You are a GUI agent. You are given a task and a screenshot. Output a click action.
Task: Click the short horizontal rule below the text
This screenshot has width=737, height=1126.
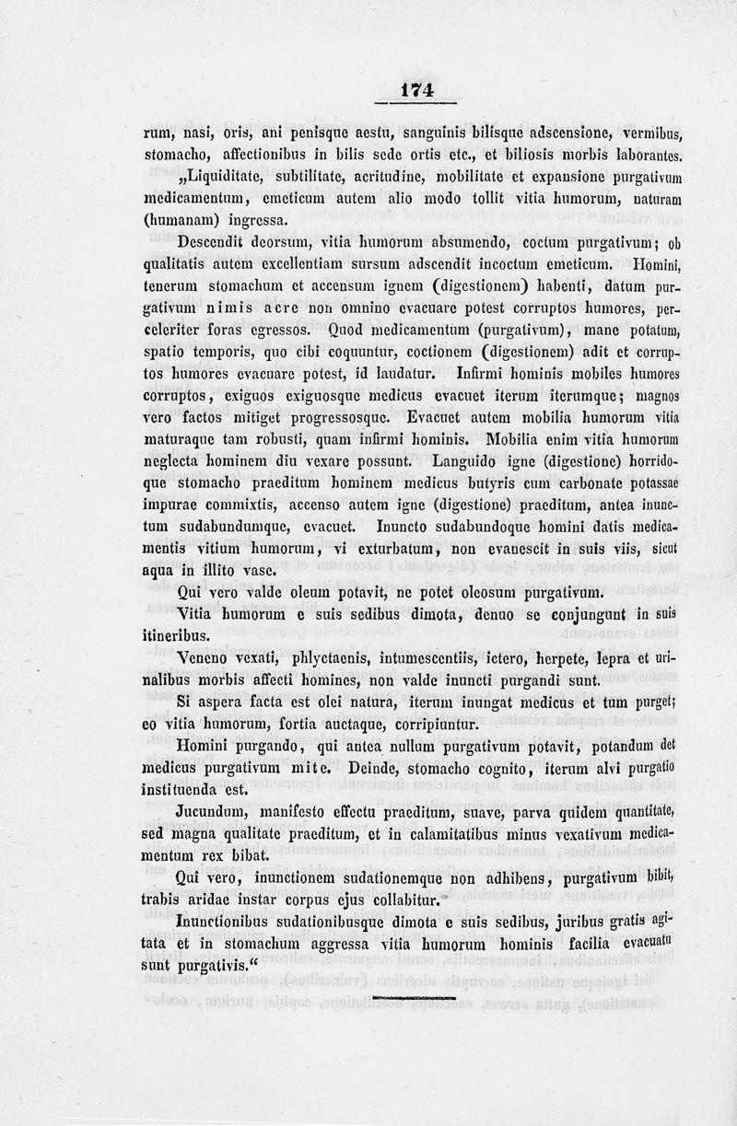(415, 996)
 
